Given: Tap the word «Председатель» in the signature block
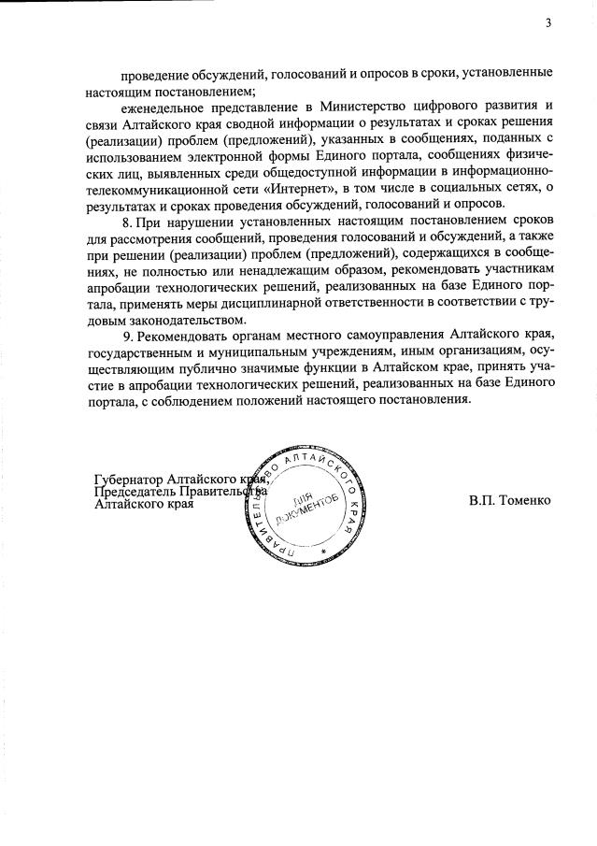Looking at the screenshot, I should (x=136, y=492).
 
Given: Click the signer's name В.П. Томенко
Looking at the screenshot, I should (x=510, y=500).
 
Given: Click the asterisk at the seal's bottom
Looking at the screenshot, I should (x=323, y=553).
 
